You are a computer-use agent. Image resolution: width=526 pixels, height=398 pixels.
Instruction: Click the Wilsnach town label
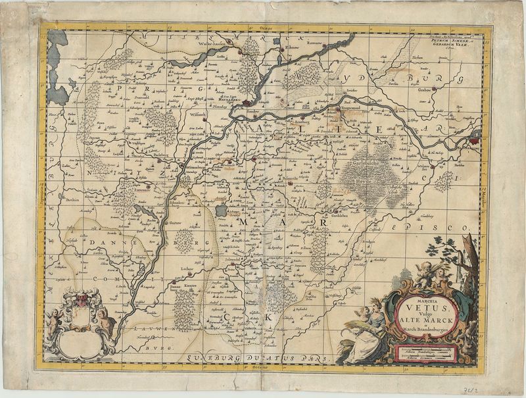(x=197, y=112)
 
